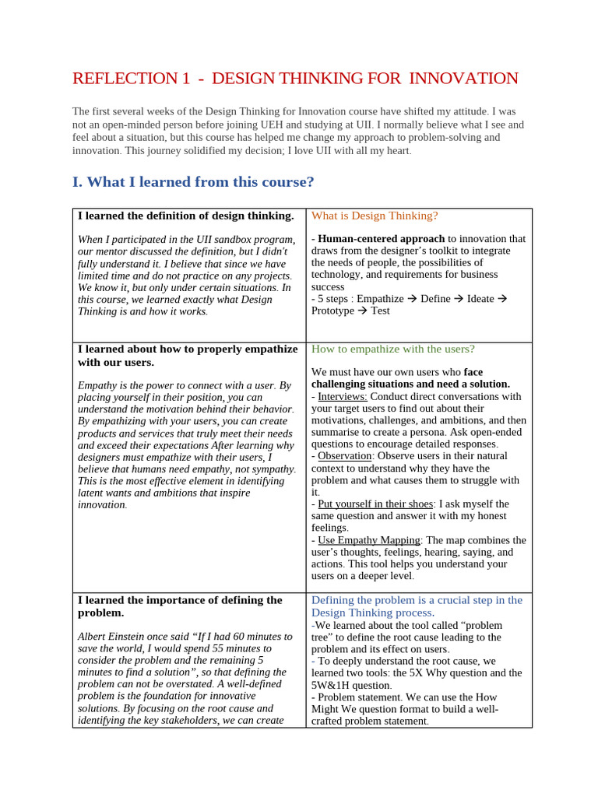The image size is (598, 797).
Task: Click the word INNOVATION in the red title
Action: pyautogui.click(x=463, y=79)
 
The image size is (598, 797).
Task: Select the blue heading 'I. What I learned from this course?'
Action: pyautogui.click(x=193, y=182)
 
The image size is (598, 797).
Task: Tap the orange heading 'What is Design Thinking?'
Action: pyautogui.click(x=375, y=216)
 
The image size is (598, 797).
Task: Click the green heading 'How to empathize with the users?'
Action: pyautogui.click(x=392, y=349)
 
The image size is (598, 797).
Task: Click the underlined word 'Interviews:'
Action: pyautogui.click(x=342, y=396)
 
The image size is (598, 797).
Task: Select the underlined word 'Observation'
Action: pyautogui.click(x=346, y=456)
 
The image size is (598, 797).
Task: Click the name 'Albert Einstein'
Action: pyautogui.click(x=114, y=637)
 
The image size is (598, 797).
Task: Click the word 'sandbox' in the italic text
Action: pyautogui.click(x=209, y=240)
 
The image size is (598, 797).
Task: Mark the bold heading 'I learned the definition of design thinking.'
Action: pyautogui.click(x=185, y=216)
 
